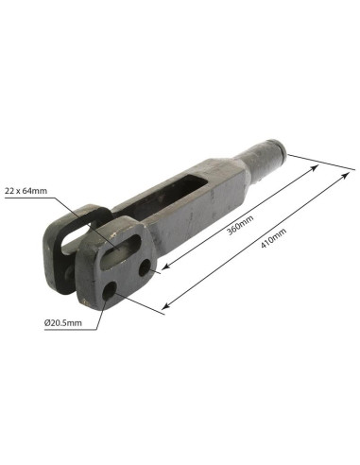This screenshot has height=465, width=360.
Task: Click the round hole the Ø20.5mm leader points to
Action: [112, 290]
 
